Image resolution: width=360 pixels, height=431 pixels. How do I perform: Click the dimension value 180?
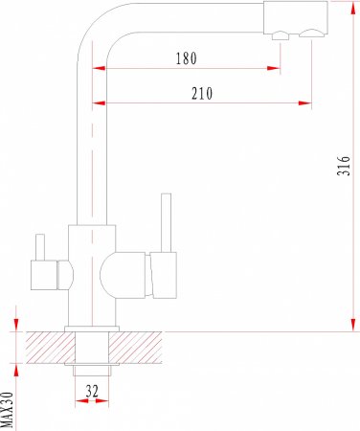187,58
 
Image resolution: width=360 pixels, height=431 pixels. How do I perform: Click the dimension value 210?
202,94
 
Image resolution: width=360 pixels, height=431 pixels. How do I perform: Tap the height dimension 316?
344,166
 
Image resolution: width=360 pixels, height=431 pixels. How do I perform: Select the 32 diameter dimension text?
92,391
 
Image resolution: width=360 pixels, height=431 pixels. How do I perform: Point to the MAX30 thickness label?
7,410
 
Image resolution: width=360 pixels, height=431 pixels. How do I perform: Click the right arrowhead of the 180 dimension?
274,68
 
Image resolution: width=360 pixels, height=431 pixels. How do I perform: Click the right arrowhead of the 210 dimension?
304,103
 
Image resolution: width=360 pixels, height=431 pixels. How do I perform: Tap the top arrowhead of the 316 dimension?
353,8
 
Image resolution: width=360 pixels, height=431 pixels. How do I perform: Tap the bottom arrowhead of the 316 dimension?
353,325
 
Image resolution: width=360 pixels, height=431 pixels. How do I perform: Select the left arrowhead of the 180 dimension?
99,68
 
